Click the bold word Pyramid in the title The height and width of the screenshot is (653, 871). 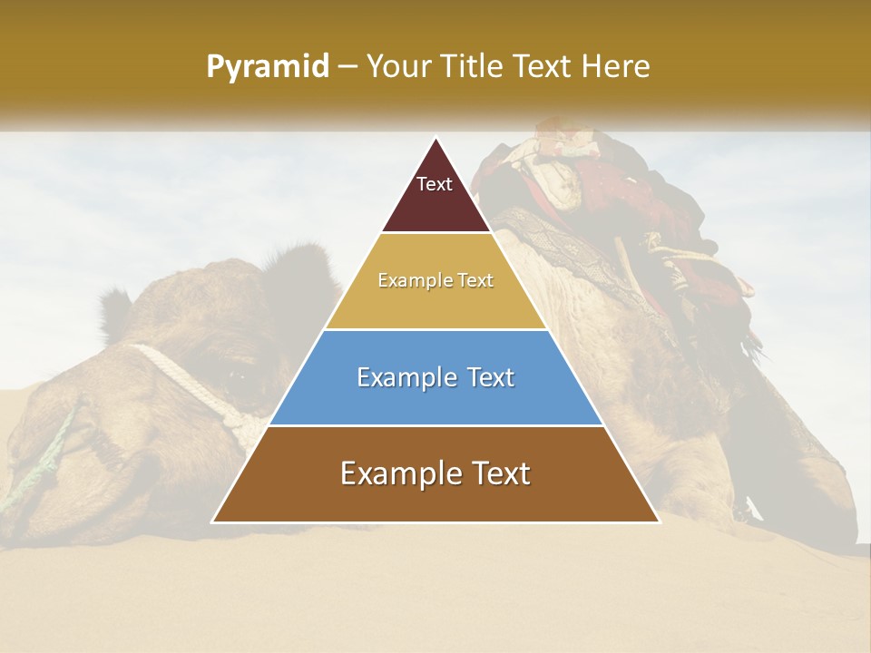pos(267,67)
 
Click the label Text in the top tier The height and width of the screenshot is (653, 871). pos(435,184)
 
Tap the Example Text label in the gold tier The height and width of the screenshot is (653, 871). pos(435,280)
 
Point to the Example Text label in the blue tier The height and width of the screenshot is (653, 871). pos(435,377)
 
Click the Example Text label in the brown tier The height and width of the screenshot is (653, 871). pos(435,473)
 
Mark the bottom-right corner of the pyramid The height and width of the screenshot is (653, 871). pos(659,521)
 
